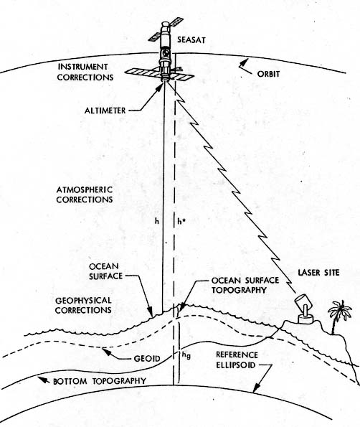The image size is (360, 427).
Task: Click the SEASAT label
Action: pos(191,40)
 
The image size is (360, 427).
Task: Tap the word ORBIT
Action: pos(268,74)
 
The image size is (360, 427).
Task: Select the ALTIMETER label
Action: pos(105,111)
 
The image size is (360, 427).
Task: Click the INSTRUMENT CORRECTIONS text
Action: pos(85,72)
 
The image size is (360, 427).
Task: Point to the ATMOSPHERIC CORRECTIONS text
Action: pos(85,194)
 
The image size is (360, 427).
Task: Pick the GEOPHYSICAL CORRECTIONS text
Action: pos(83,305)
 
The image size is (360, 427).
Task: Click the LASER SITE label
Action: pos(318,273)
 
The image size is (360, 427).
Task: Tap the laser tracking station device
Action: pos(305,309)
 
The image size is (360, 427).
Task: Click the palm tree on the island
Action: pos(339,316)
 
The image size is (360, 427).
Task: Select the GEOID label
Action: pos(147,358)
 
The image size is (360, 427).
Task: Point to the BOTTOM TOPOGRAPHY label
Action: pos(100,381)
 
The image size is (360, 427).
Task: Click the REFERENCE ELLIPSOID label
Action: pos(237,360)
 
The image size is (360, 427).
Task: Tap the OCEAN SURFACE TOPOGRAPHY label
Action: pos(245,285)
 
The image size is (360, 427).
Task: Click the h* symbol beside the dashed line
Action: pos(181,221)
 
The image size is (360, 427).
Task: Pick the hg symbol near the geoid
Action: pos(186,355)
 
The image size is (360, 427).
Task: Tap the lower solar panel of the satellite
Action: pos(159,74)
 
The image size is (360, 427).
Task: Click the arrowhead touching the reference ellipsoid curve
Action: pos(256,388)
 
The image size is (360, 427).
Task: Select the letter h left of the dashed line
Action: pos(157,221)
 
